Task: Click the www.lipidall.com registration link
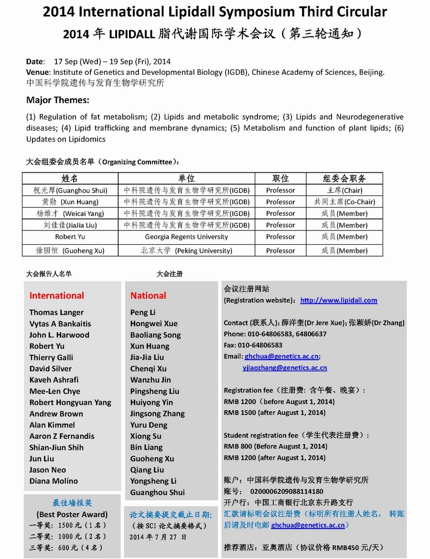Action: click(338, 300)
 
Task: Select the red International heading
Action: click(56, 296)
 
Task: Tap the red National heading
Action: click(148, 296)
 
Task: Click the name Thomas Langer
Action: click(56, 312)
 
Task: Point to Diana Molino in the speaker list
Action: click(54, 481)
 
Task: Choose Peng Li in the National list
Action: click(143, 312)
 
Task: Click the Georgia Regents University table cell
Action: click(186, 237)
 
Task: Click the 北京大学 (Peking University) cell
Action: click(186, 250)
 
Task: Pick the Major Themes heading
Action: click(58, 100)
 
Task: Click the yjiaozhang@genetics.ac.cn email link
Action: click(285, 367)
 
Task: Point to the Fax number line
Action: click(253, 345)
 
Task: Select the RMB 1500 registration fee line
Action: click(274, 413)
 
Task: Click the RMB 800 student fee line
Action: click(275, 446)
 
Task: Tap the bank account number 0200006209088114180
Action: click(287, 491)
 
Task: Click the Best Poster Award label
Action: click(72, 514)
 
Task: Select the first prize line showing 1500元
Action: click(67, 525)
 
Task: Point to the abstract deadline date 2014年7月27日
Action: click(158, 537)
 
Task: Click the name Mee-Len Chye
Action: click(55, 391)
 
